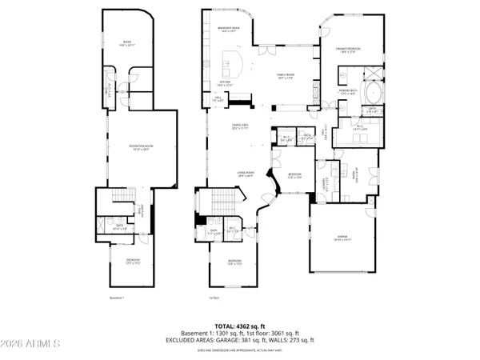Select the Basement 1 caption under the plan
117,298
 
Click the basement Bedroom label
133,260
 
